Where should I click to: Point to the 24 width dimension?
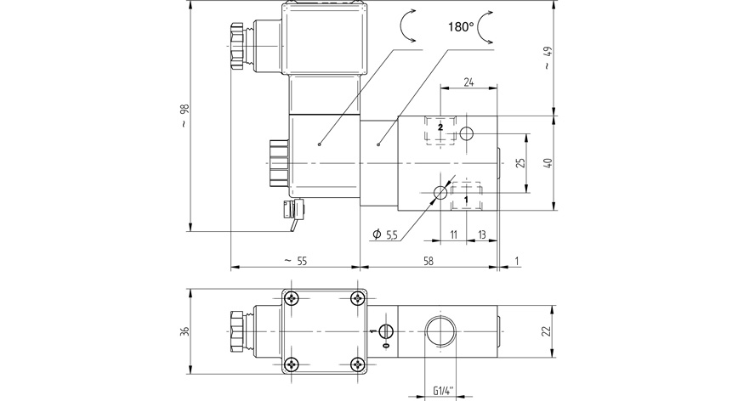468,82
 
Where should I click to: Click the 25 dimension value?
521,162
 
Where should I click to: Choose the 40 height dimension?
548,162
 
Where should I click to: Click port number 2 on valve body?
440,126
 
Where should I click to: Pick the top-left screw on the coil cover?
293,298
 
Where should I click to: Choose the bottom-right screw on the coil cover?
357,364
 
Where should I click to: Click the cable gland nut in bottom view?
237,330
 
